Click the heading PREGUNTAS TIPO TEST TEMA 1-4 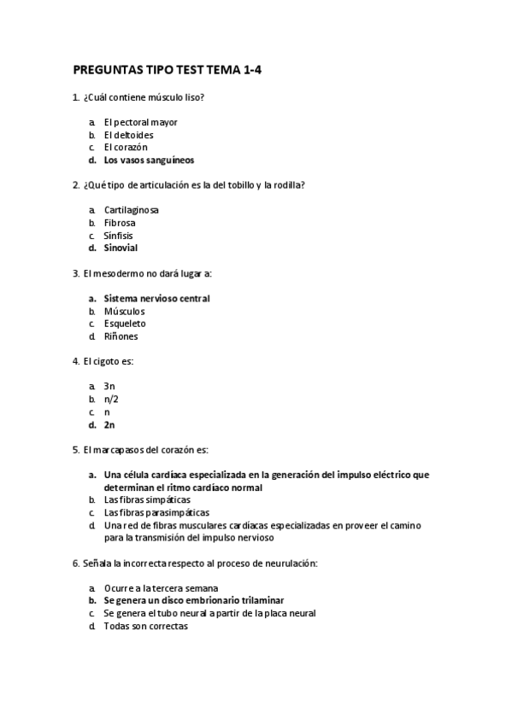(167, 71)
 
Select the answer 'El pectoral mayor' (140, 122)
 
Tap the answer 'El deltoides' (128, 135)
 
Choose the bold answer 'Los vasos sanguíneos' (149, 160)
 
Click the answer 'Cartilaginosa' (131, 210)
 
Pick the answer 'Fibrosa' (120, 223)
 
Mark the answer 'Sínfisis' (119, 236)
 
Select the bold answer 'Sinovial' (121, 248)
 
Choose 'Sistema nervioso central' (156, 299)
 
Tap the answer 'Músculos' (124, 312)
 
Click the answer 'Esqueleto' (125, 324)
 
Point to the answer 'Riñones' (121, 336)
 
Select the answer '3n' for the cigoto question (109, 387)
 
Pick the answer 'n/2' (111, 400)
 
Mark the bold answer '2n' (109, 424)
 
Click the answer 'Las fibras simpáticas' (147, 500)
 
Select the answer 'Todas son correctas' (145, 627)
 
